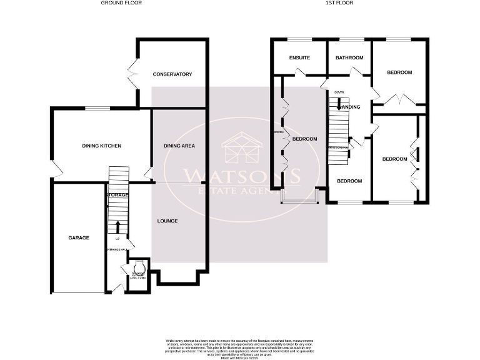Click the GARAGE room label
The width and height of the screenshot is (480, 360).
pos(79,237)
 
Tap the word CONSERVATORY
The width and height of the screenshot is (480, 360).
pos(172,74)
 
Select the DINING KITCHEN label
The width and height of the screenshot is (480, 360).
pos(101,146)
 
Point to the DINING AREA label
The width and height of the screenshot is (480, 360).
pos(179,146)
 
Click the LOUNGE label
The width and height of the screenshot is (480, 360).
pos(167,221)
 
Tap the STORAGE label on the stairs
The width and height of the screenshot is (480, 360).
pos(117,195)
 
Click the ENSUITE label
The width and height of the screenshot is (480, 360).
pos(299,58)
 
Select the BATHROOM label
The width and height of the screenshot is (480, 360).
pos(349,58)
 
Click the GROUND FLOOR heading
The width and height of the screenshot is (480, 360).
pos(121,3)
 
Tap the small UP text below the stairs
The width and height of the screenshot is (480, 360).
pos(117,239)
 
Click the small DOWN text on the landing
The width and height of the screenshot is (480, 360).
pos(339,92)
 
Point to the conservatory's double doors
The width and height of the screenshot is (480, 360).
pos(134,74)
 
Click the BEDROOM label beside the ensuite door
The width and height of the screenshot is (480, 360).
pos(305,139)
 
